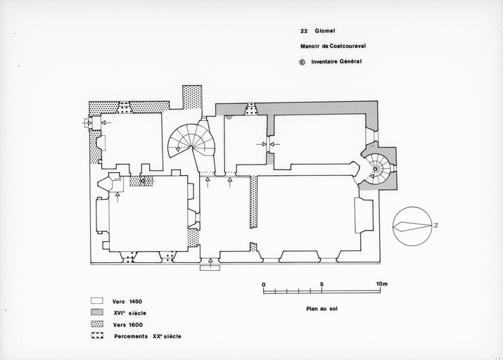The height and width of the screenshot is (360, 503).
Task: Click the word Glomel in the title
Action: (x=325, y=31)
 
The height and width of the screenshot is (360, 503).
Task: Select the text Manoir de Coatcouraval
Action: (x=333, y=46)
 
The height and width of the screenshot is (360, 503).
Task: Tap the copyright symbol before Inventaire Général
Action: (x=303, y=62)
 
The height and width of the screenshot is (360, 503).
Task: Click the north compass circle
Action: (x=412, y=226)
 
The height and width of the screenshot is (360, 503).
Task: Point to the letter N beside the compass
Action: (x=436, y=226)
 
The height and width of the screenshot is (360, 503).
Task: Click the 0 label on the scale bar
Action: (x=264, y=284)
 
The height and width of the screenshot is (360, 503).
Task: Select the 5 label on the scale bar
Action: (x=321, y=284)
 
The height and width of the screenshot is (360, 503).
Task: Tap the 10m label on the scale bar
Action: (x=382, y=283)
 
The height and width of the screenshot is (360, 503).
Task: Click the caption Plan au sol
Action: (x=321, y=309)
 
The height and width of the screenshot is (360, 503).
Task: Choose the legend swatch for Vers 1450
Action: (x=97, y=301)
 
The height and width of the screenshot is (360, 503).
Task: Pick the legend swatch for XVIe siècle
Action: (x=97, y=312)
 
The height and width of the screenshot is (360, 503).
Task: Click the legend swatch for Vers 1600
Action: (x=97, y=323)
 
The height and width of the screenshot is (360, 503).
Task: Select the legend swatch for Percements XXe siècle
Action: (x=97, y=335)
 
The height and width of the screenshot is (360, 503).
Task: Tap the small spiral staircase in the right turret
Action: (x=378, y=169)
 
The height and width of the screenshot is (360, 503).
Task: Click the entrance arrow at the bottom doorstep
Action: (x=210, y=262)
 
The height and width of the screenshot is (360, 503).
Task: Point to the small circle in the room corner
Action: (x=229, y=117)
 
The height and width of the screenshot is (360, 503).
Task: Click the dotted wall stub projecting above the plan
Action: (x=192, y=98)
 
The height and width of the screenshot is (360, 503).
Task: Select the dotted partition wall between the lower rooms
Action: (x=253, y=202)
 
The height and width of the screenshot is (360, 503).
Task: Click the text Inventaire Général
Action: (x=336, y=62)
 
